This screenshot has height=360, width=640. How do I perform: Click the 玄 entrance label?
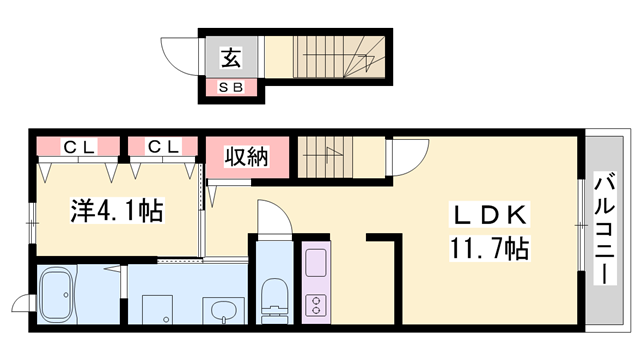(230, 59)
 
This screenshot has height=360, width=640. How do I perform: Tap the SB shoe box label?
(231, 89)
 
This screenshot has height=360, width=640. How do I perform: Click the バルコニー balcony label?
(606, 229)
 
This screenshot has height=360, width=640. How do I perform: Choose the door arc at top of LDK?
(409, 157)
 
